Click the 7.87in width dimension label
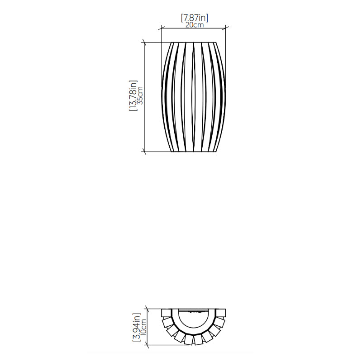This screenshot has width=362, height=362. (195, 18)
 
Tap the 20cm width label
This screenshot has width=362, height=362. (195, 25)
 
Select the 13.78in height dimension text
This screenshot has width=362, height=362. (133, 96)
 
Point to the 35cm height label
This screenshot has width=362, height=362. (140, 95)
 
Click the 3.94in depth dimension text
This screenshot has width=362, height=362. (137, 328)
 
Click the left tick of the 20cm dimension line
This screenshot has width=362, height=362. (162, 28)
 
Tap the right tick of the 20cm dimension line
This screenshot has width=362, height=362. (225, 28)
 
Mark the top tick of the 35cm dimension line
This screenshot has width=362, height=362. (144, 43)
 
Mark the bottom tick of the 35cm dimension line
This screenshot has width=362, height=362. (144, 152)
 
